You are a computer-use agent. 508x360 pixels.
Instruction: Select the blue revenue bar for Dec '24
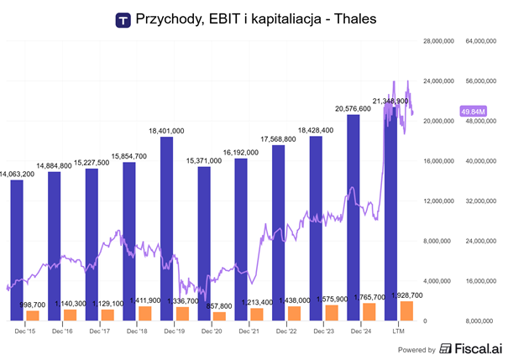click(x=354, y=217)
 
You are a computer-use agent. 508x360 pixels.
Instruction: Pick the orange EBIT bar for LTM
click(x=406, y=310)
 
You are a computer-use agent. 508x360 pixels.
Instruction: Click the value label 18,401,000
click(x=166, y=130)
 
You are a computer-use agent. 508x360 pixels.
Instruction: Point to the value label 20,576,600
click(x=353, y=108)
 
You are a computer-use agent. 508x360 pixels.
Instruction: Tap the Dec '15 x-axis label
click(x=25, y=331)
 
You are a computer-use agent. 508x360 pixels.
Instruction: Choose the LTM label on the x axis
click(x=401, y=331)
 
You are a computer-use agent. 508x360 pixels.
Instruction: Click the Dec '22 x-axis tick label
click(x=287, y=331)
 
